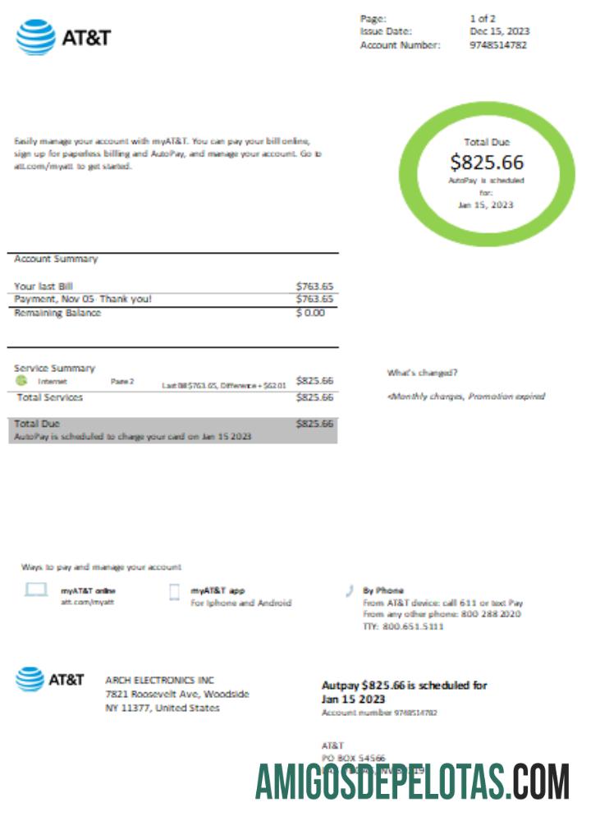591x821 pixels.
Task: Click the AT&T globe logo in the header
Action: pos(35,37)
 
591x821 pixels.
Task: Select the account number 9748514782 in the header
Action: pos(498,45)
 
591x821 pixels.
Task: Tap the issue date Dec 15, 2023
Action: pos(499,31)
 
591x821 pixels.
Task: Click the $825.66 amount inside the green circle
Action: pos(487,162)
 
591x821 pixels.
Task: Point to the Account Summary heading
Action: pos(56,259)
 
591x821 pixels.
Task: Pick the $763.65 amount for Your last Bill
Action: pos(314,286)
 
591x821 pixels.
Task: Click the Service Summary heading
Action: pos(54,368)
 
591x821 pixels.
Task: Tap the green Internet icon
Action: pos(21,381)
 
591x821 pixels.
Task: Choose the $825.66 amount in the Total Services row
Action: pos(314,397)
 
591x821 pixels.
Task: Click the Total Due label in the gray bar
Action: pos(37,424)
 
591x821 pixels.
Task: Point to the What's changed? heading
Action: pos(422,373)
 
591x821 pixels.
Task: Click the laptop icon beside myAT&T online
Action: pos(36,590)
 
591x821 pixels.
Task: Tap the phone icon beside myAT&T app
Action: pos(174,592)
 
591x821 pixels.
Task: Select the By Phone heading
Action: pos(383,590)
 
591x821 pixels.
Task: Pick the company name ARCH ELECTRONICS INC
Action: pos(159,680)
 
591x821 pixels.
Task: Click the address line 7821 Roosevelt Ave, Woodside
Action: pos(176,694)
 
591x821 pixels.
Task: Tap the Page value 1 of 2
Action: pos(483,18)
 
